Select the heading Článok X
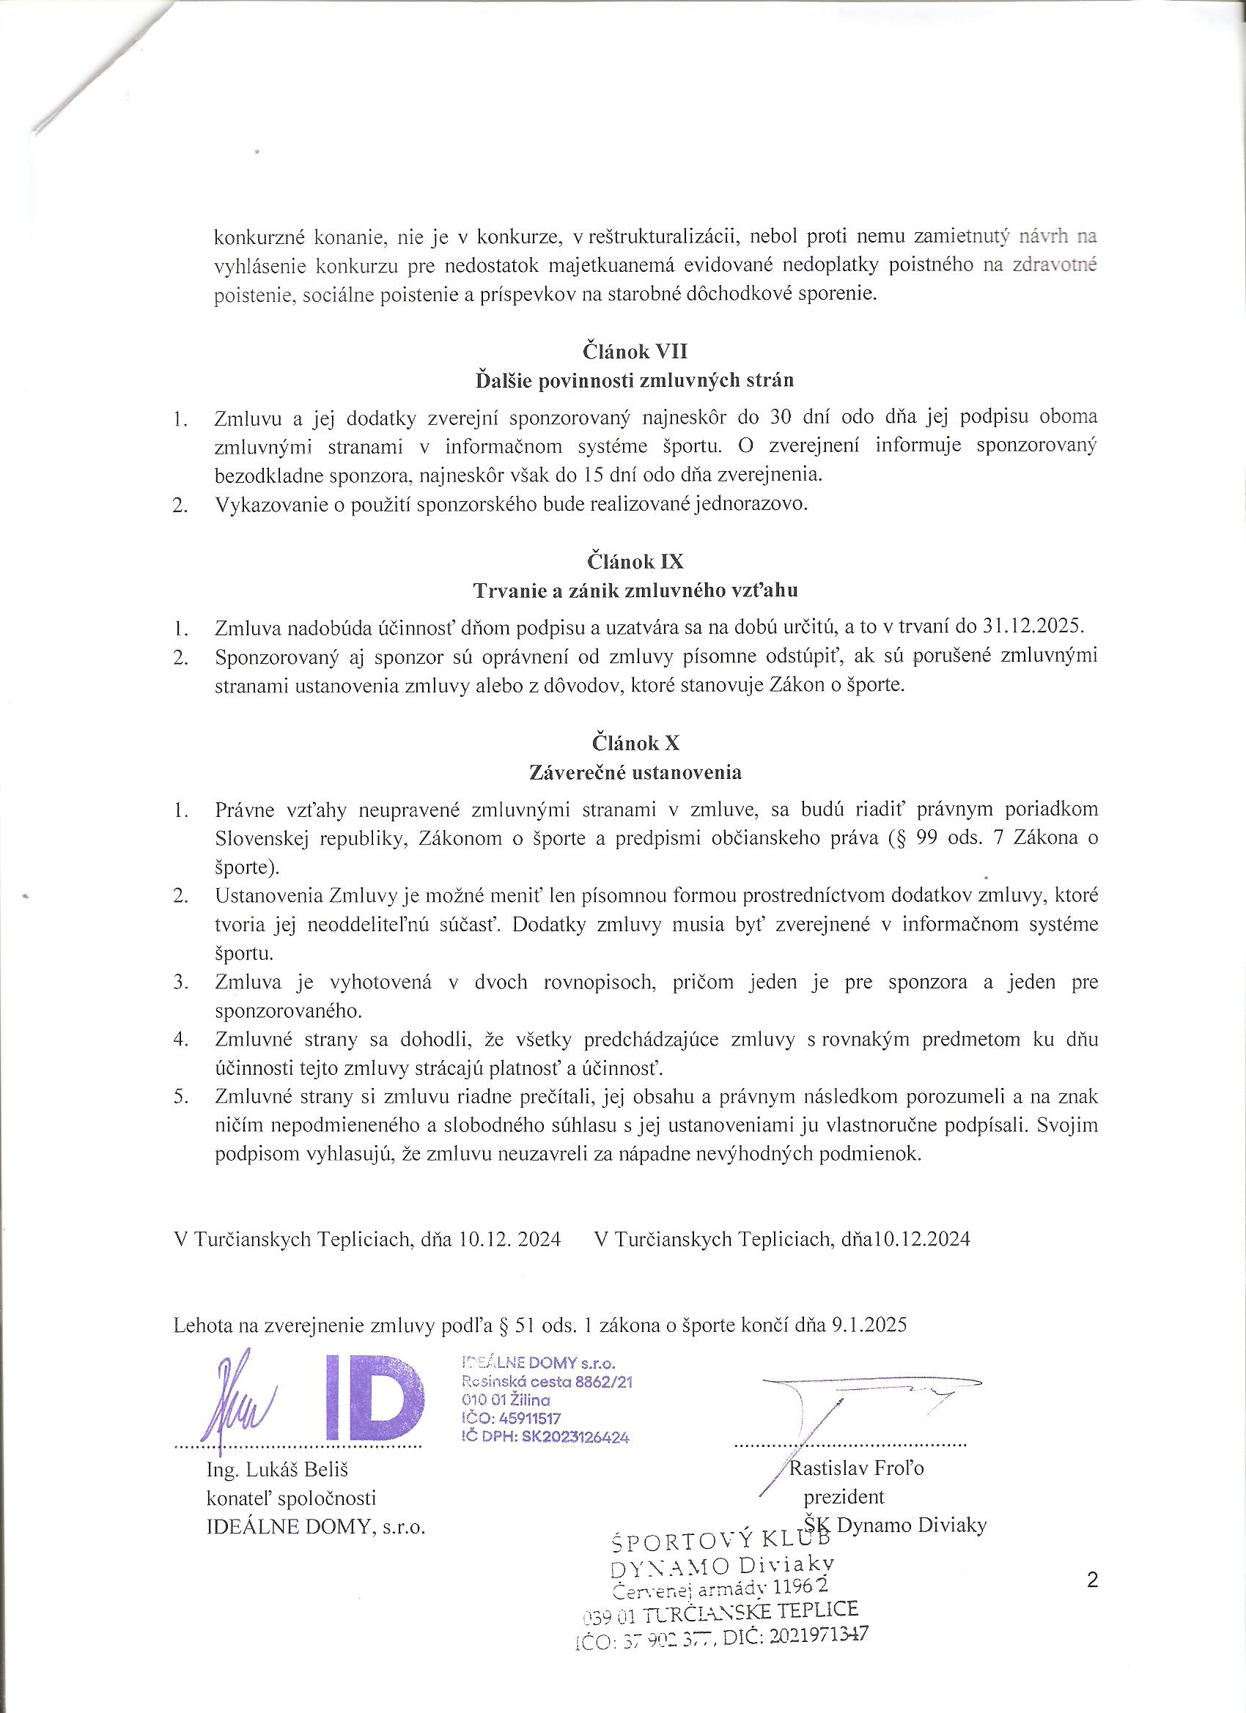635,743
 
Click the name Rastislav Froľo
856,1468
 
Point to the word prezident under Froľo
844,1496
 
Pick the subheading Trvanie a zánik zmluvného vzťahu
635,591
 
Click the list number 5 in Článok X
180,1096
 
